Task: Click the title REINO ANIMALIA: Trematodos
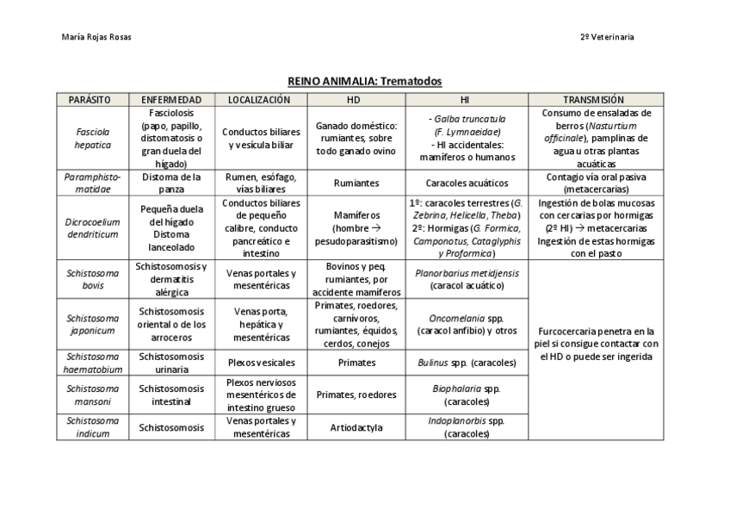tap(364, 81)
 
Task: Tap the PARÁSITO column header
tap(91, 100)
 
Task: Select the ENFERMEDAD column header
tap(171, 100)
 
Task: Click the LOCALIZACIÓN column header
tap(259, 100)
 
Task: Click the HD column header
tap(354, 100)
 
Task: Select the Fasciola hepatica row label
tap(91, 139)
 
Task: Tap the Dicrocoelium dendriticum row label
tap(91, 227)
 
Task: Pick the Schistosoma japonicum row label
tap(91, 324)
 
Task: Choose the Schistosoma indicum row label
tap(91, 427)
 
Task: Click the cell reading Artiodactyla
tap(356, 427)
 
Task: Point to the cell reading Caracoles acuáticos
tap(466, 183)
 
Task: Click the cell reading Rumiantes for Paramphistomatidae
tap(356, 183)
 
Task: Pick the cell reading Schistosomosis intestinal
tap(171, 395)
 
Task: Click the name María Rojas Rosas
tap(97, 37)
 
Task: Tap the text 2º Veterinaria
tap(607, 37)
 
